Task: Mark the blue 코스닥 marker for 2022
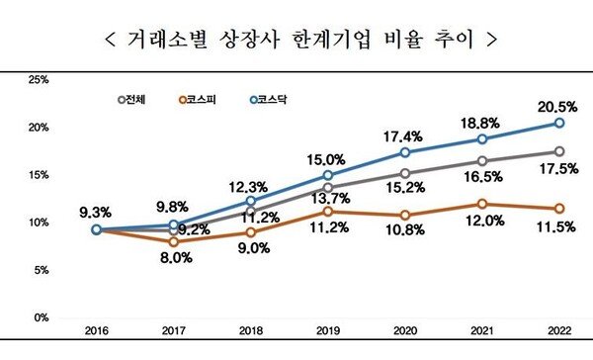tap(558, 123)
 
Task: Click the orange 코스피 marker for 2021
tap(481, 204)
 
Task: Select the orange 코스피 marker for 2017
tap(173, 241)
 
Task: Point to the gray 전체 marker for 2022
tap(558, 151)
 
